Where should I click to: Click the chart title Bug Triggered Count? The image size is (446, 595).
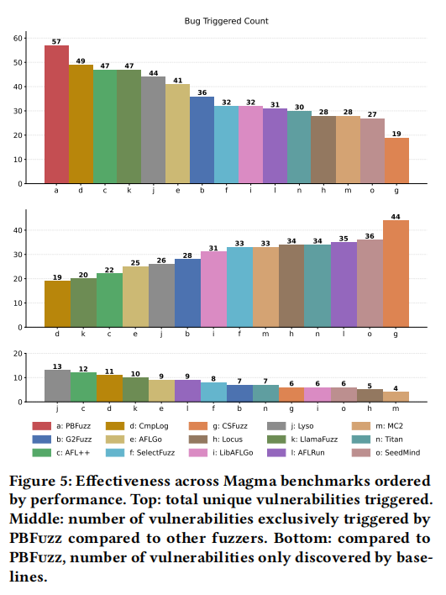click(226, 21)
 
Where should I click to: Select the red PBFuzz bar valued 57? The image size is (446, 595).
click(56, 114)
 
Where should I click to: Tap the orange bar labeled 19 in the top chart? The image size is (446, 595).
click(396, 161)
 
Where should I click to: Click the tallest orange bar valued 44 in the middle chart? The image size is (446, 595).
click(396, 274)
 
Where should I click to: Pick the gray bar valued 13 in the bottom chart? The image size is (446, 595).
click(57, 386)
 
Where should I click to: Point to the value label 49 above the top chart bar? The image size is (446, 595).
click(81, 61)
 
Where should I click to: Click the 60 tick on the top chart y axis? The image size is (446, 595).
click(18, 39)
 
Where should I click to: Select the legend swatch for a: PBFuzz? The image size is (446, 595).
click(42, 426)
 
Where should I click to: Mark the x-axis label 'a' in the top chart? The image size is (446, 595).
click(56, 191)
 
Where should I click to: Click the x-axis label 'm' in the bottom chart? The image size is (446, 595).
click(396, 408)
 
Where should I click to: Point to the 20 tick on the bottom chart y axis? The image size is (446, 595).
click(18, 354)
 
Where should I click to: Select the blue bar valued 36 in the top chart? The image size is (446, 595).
click(202, 140)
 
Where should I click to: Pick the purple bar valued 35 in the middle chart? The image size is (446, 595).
click(344, 285)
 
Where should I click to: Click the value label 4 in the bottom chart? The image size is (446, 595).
click(396, 388)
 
